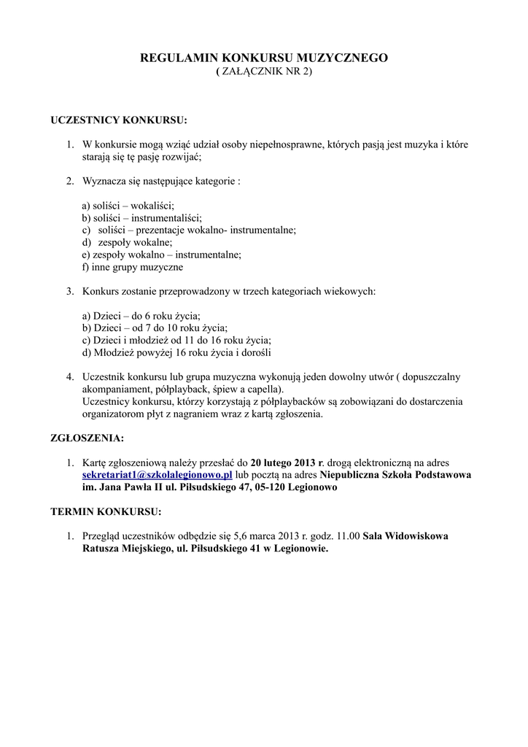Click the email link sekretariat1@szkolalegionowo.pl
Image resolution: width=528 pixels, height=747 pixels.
tap(157, 475)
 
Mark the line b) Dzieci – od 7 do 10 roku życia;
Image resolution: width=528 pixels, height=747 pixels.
tap(155, 328)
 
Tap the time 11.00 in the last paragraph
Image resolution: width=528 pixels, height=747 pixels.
tap(346, 535)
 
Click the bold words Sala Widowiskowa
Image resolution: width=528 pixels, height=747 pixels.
tap(405, 535)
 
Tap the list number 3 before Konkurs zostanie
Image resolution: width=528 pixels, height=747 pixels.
tap(70, 291)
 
